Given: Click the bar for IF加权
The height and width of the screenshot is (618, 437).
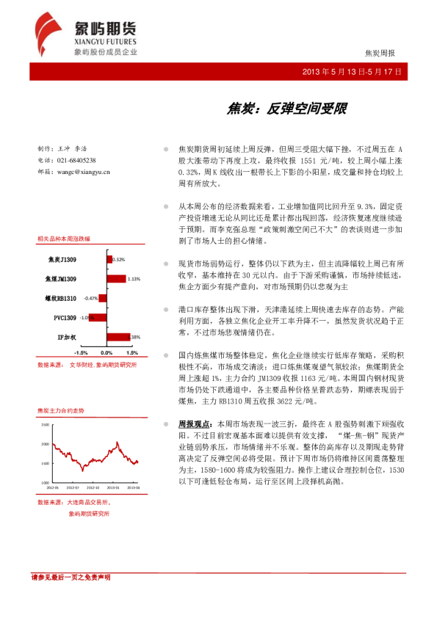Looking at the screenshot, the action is click(118, 336).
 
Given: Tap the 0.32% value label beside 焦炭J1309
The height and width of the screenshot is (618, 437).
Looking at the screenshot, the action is click(119, 259).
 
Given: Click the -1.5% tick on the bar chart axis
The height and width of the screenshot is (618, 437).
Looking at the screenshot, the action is click(81, 352).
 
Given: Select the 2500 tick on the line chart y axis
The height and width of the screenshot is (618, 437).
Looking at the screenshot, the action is click(45, 425).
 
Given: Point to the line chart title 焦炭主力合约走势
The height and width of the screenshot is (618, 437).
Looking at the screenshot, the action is click(61, 411).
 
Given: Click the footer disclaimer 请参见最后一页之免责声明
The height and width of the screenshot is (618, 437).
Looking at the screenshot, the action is click(71, 578).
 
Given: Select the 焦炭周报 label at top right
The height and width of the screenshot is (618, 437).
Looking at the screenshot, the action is click(380, 54).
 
